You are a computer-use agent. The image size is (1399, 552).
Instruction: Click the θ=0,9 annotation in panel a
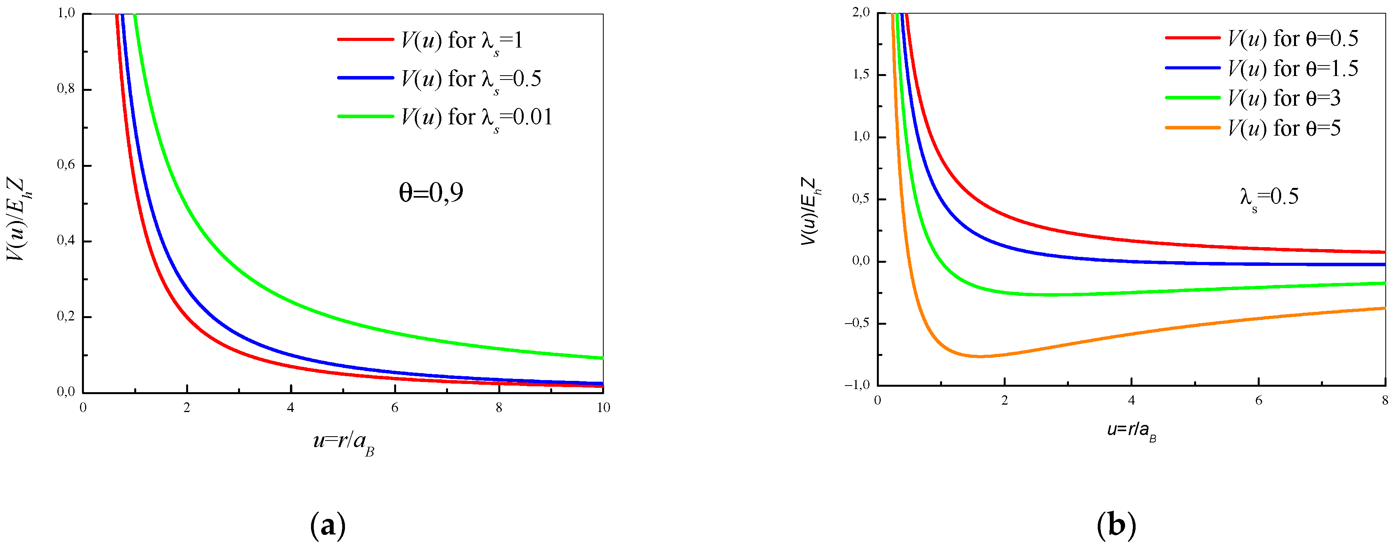pos(431,193)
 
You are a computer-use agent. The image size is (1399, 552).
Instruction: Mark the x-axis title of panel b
pos(1131,431)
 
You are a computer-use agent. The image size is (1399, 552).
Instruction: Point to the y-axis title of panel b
pos(810,212)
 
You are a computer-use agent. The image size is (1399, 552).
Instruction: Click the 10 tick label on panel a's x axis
pos(603,408)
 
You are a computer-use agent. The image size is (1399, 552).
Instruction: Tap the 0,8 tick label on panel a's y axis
pos(66,89)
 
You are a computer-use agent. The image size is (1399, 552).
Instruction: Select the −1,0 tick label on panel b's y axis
pos(857,385)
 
